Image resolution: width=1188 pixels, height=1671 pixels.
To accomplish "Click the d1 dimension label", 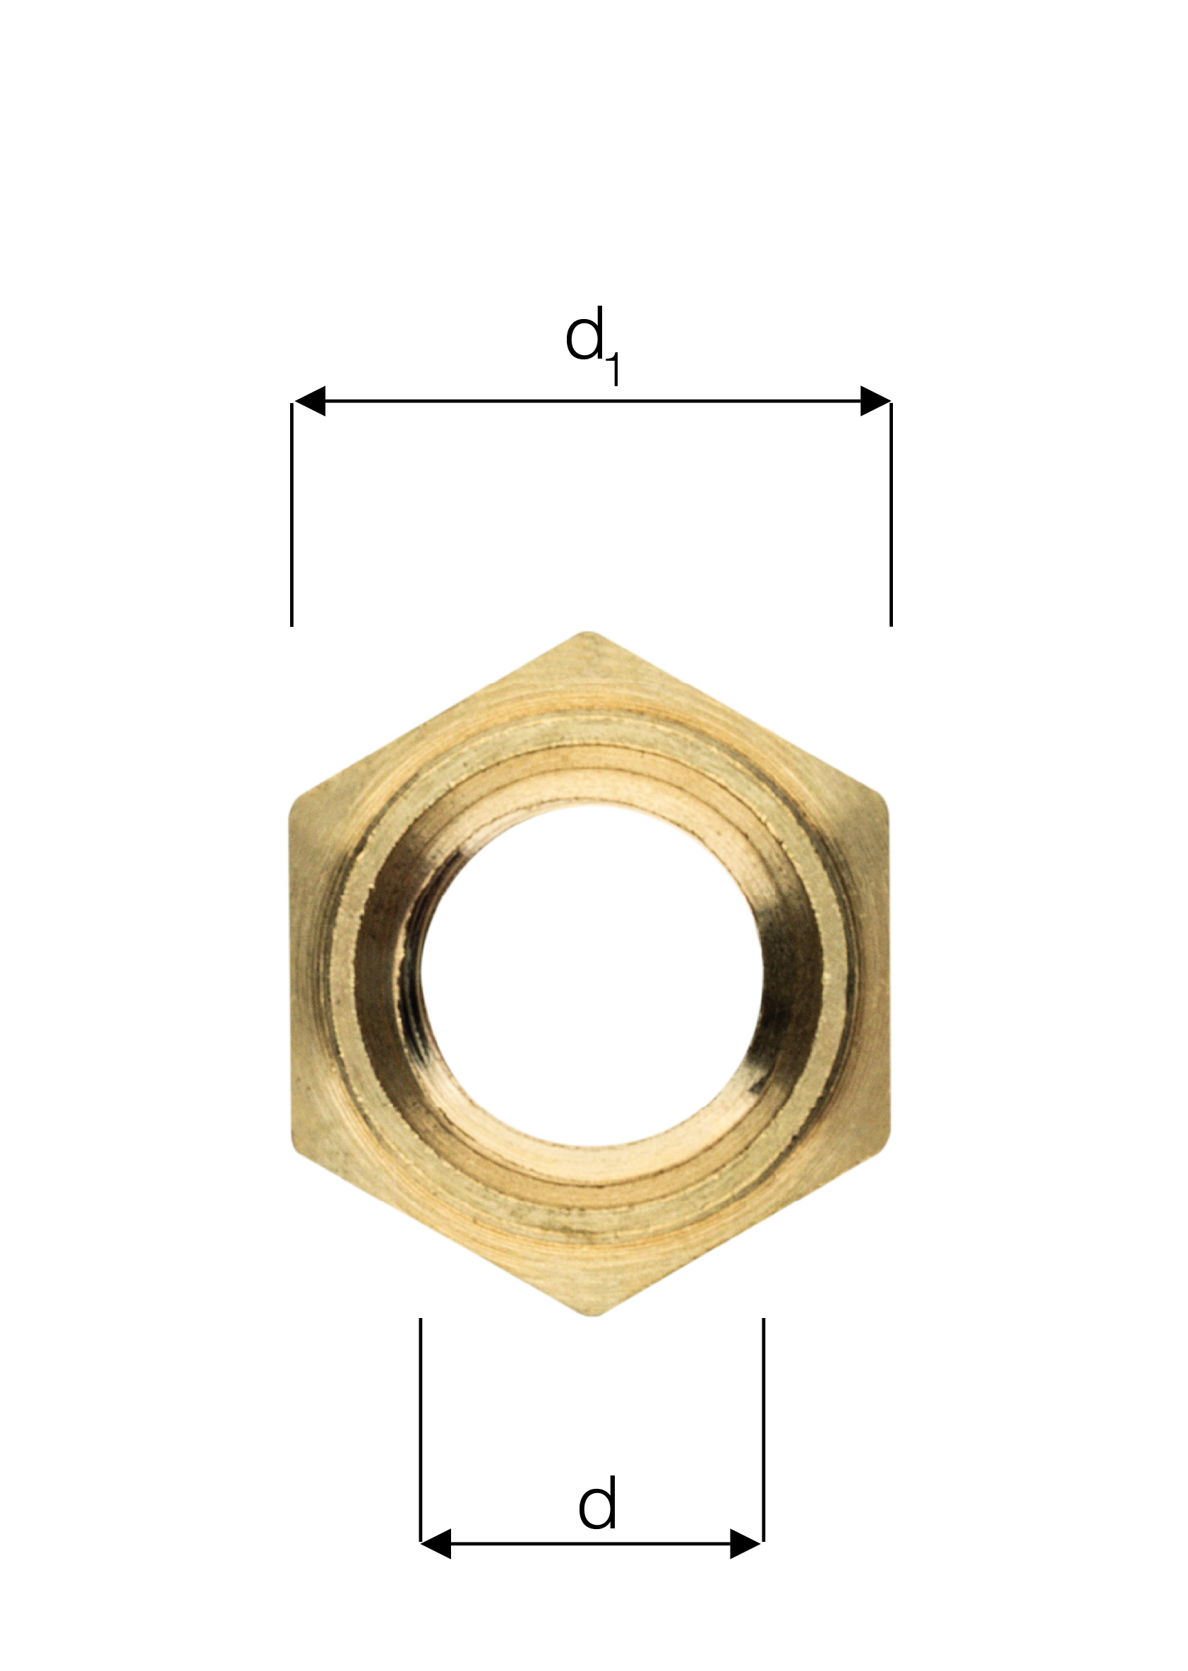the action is tap(593, 345).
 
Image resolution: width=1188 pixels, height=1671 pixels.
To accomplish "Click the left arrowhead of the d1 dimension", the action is tap(309, 401).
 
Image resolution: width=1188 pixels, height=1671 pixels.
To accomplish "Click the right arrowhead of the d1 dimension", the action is tap(875, 401).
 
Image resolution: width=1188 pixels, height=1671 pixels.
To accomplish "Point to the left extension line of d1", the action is tap(292, 515).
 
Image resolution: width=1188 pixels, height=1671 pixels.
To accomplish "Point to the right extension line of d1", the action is tap(891, 515).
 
